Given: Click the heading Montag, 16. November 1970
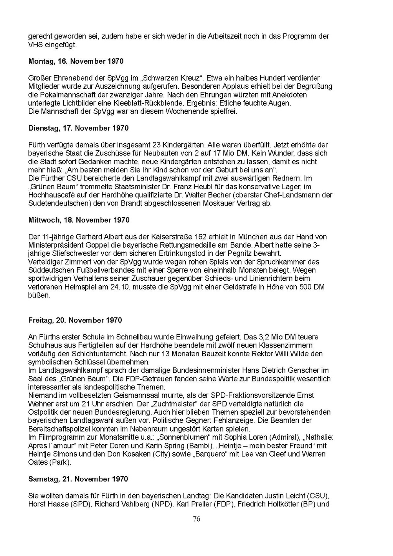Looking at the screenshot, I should point(76,61).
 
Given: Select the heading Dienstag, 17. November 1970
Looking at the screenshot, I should point(78,128).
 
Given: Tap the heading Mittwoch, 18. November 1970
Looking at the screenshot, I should point(79,220).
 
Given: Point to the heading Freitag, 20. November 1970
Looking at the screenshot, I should point(75,320).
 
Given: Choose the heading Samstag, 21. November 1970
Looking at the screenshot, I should point(78,479).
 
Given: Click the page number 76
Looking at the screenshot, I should point(196,519).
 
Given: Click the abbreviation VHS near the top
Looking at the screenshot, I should point(35,45).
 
